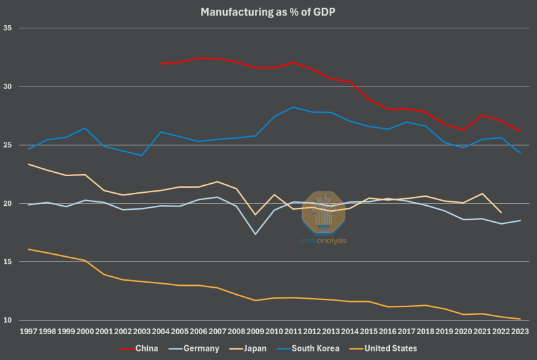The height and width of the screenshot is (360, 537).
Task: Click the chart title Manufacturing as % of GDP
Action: click(268, 12)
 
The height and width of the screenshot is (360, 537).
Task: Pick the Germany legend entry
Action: click(201, 349)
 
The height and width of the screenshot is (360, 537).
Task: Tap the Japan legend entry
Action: click(255, 349)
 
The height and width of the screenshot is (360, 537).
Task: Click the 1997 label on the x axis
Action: click(28, 331)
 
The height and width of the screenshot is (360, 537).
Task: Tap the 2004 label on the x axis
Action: click(160, 331)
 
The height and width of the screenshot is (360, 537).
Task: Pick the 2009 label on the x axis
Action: click(254, 331)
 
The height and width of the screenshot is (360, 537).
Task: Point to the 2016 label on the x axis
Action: click(387, 331)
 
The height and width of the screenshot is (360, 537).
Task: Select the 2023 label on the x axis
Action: click(519, 331)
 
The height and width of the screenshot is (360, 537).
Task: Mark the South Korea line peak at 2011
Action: click(292, 107)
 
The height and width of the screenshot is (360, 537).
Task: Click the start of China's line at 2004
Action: click(160, 64)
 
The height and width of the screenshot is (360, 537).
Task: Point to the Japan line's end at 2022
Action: click(500, 212)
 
